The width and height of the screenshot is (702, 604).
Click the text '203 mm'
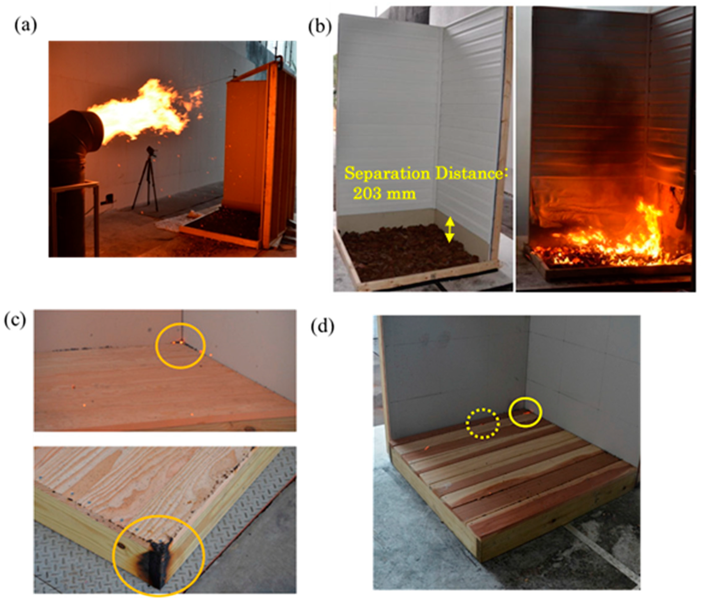384,194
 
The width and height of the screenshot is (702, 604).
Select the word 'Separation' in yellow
387,173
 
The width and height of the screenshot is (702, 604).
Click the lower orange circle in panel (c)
113,555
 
